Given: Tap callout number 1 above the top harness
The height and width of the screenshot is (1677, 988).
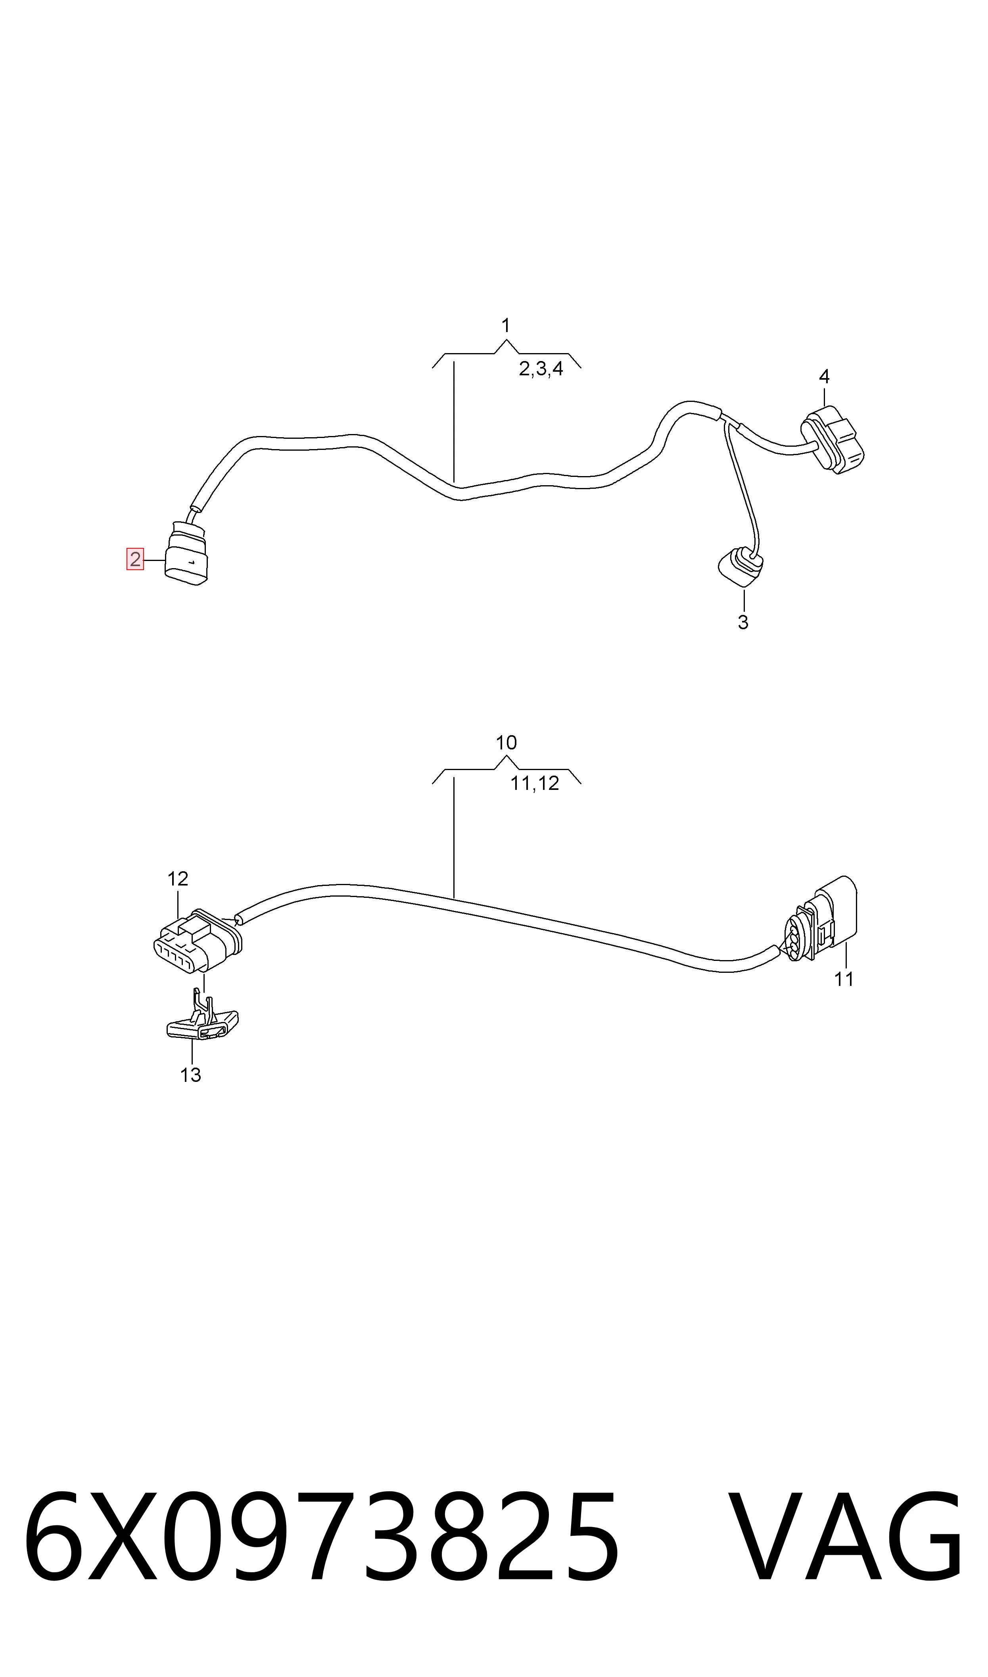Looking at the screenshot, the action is click(506, 326).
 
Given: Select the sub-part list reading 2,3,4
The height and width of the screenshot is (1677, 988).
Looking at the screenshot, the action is click(541, 369).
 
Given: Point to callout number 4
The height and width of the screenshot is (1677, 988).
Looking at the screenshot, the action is click(824, 376).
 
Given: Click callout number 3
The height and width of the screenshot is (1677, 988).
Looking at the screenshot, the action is click(743, 622).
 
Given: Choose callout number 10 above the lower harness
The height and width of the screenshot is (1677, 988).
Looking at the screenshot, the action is click(506, 742).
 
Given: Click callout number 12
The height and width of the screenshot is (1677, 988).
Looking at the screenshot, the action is click(178, 879).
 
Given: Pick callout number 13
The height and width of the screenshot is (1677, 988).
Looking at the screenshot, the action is click(190, 1074).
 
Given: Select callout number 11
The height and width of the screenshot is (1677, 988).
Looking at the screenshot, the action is click(844, 979).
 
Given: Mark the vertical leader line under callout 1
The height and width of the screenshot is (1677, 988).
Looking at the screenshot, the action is click(454, 421).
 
